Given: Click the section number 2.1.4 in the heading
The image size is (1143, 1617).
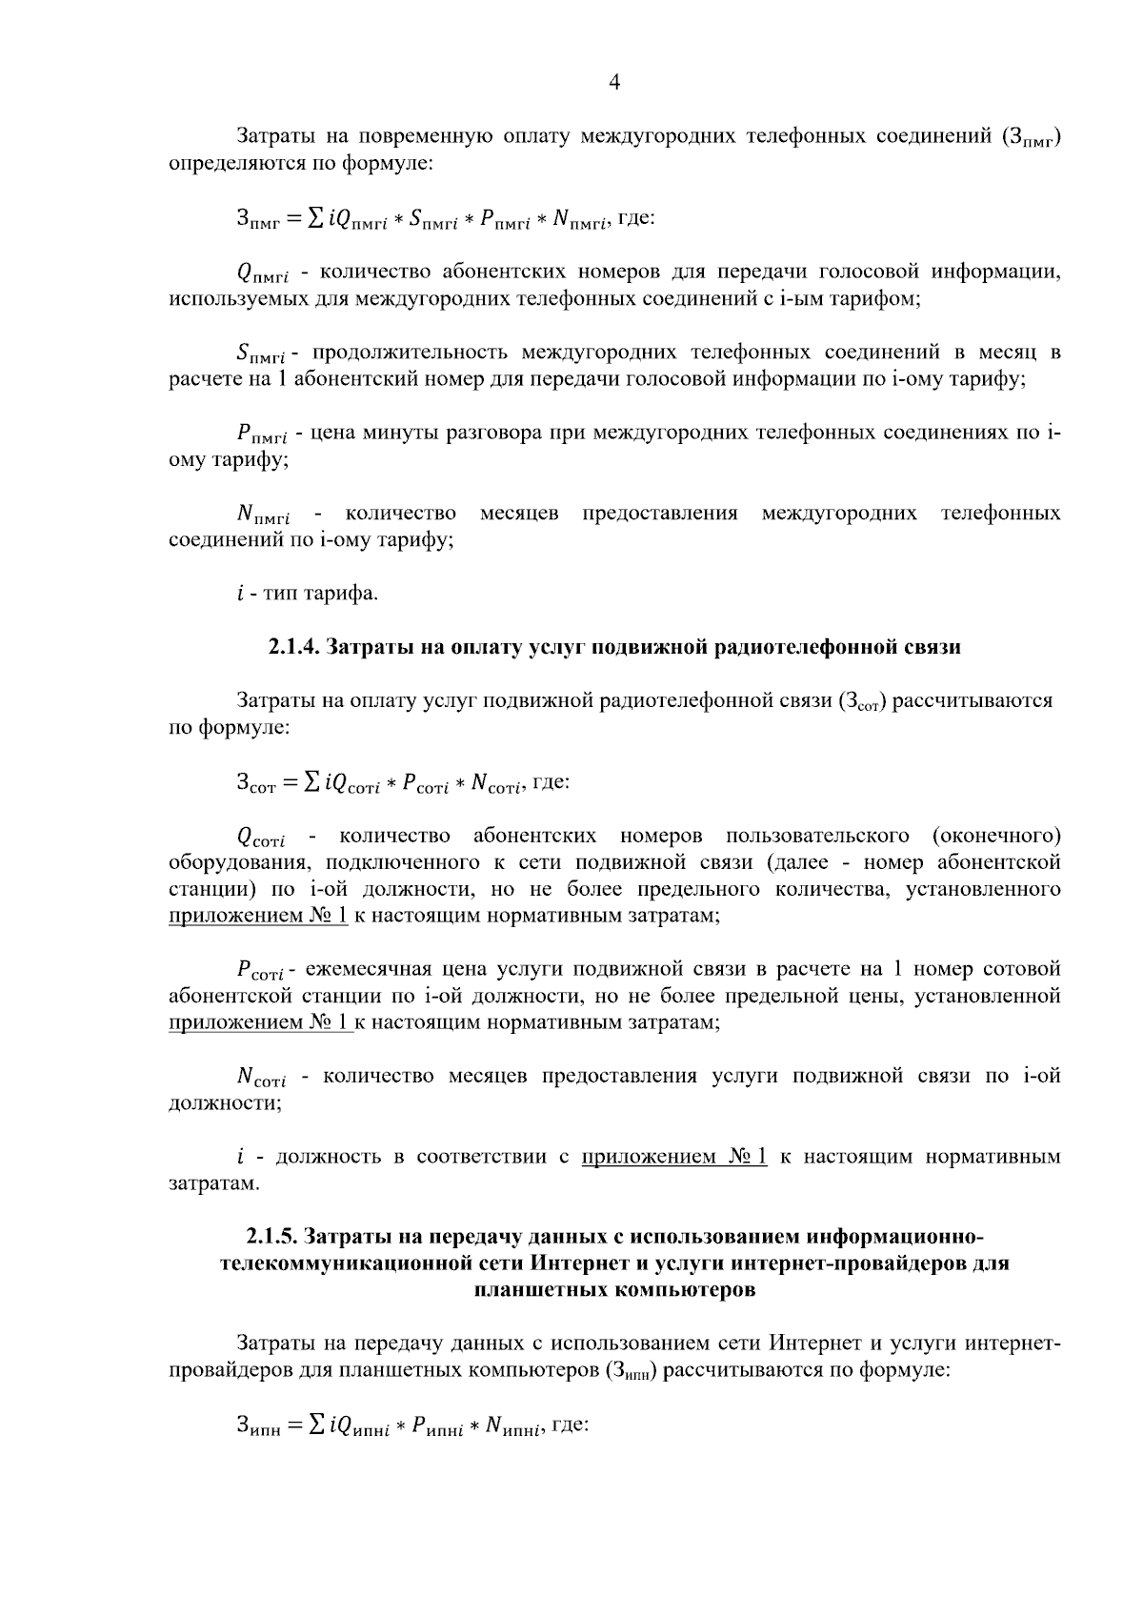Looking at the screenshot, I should (x=292, y=648).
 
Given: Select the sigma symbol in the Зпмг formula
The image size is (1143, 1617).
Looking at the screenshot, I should (x=314, y=219).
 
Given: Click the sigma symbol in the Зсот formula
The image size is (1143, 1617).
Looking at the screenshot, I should (x=311, y=782).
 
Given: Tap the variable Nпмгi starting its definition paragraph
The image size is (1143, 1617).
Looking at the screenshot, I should (x=263, y=515).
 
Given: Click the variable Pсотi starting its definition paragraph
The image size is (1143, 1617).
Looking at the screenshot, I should (x=260, y=971).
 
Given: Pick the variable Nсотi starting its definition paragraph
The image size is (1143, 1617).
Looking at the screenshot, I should (x=261, y=1078).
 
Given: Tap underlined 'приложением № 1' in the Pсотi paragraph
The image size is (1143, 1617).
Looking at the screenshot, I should (x=258, y=1023).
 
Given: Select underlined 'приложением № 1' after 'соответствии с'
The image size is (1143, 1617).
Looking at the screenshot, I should (x=673, y=1157).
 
